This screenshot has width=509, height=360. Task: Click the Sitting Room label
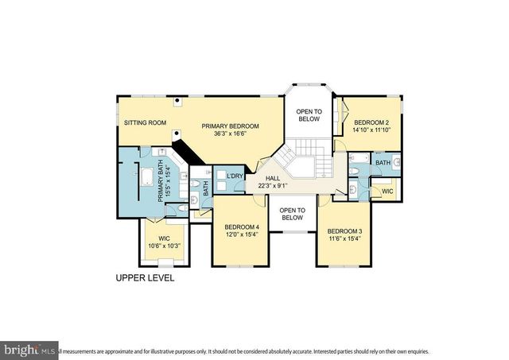(x=145, y=123)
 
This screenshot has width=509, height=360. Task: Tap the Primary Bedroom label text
(x=230, y=126)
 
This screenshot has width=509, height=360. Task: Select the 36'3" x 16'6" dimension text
(x=230, y=134)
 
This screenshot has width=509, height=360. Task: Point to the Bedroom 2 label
(x=371, y=122)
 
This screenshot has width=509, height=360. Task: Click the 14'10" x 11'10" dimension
(x=371, y=130)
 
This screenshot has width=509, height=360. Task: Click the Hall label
(x=272, y=179)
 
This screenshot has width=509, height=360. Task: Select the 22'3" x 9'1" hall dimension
(x=272, y=186)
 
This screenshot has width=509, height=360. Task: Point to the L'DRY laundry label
(x=234, y=176)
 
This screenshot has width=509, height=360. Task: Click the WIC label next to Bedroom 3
(x=387, y=192)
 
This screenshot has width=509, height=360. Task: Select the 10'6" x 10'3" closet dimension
(x=165, y=246)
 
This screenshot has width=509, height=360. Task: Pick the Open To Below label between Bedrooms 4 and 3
(x=292, y=212)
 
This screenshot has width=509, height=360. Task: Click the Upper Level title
(x=145, y=279)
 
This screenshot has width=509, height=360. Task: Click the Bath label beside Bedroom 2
(x=383, y=163)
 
